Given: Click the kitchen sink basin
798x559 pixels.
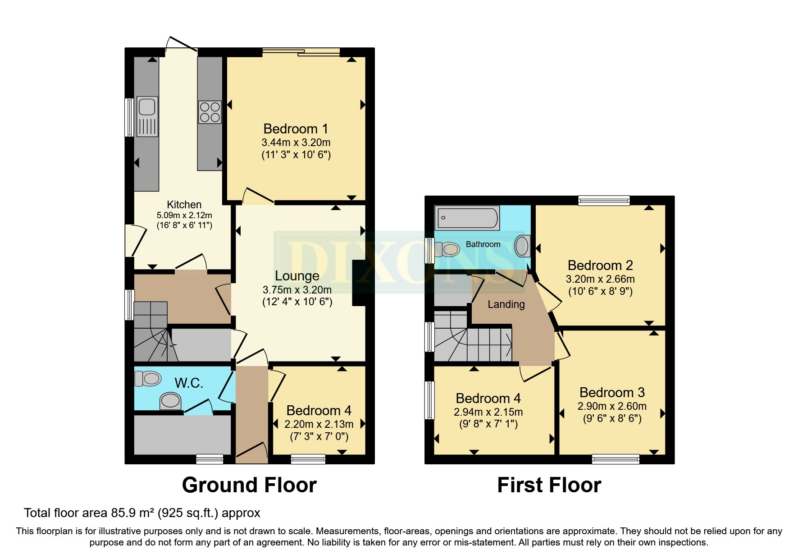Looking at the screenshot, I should [x=147, y=107].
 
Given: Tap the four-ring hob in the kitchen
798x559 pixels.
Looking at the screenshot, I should [x=210, y=112].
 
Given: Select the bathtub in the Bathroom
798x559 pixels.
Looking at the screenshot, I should [x=467, y=218].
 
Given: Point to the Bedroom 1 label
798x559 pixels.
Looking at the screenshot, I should [x=296, y=129].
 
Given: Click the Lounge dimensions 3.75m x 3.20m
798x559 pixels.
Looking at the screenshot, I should [x=297, y=290].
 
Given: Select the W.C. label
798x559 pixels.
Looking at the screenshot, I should [x=189, y=383].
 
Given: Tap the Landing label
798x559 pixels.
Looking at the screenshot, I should [x=506, y=304].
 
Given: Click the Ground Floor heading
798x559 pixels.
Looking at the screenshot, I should [x=249, y=485].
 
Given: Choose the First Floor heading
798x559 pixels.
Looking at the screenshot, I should [x=549, y=485].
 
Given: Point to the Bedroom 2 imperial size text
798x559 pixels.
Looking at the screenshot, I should [x=600, y=291].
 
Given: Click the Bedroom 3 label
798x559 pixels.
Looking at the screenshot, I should [x=612, y=392].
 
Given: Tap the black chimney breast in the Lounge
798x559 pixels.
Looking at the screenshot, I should [x=359, y=283].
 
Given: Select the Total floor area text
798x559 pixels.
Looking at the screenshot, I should [x=142, y=513].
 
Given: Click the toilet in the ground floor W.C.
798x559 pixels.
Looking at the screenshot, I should [x=148, y=378].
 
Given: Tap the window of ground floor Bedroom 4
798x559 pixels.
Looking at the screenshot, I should [x=308, y=459].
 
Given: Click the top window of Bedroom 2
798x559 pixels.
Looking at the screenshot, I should [x=604, y=200].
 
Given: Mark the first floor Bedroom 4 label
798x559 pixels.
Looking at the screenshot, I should [x=488, y=399].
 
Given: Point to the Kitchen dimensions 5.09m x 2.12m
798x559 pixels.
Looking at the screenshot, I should [x=184, y=215].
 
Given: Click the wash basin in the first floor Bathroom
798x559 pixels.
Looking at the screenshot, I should [x=522, y=246].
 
